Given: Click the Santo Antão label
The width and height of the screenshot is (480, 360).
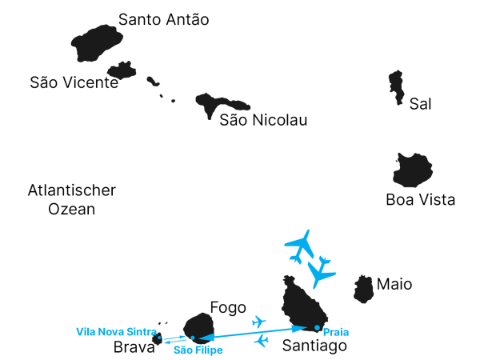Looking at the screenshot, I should [163, 19].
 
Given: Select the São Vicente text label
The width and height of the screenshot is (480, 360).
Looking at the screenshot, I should [74, 82].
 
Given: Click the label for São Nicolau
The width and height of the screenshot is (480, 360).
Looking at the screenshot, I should [263, 120].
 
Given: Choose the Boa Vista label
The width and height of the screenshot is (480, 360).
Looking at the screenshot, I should [420, 200].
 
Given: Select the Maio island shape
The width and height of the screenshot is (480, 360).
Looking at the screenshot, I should [364, 289].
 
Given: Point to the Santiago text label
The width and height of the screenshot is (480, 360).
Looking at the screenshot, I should [314, 346].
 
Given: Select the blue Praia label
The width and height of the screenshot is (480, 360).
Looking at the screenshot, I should [335, 331].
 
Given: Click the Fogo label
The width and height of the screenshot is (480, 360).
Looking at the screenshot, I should [227, 307].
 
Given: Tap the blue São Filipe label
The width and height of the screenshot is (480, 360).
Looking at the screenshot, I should [198, 350].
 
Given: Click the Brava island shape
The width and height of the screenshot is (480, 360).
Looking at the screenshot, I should [158, 340].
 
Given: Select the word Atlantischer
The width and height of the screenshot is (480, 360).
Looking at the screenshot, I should [71, 190].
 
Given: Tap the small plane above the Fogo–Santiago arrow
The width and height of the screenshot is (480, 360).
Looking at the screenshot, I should [258, 322].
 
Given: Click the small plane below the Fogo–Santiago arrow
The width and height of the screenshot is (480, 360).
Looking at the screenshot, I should [261, 342].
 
